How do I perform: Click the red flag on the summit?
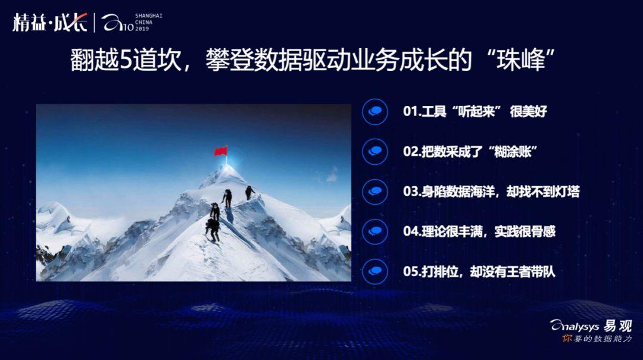tap(221, 151)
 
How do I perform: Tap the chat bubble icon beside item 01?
tap(375, 111)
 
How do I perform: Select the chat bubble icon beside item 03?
tap(375, 192)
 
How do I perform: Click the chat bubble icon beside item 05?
tap(375, 271)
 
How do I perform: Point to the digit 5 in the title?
tap(125, 60)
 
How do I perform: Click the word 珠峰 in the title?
tap(520, 60)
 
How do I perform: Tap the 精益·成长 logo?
tap(49, 22)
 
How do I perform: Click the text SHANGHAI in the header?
tap(149, 15)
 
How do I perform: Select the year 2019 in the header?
tap(142, 29)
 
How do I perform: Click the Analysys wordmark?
tap(575, 326)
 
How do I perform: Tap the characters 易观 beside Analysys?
tap(617, 326)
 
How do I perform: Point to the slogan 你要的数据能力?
tap(597, 339)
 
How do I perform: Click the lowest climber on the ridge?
tap(213, 230)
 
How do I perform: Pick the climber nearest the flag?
tap(249, 193)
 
